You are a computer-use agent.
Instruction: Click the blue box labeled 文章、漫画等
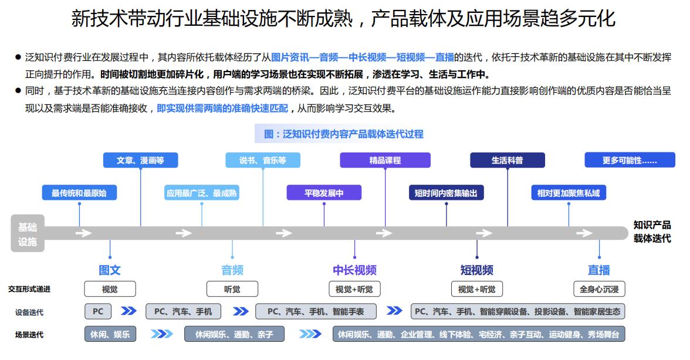(x=140, y=160)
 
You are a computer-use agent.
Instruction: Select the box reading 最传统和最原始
(x=79, y=193)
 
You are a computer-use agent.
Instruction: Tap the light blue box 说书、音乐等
(x=262, y=160)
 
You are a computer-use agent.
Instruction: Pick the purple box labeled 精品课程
(x=385, y=160)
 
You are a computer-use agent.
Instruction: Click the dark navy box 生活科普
(x=507, y=160)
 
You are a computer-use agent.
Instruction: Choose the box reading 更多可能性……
(x=630, y=160)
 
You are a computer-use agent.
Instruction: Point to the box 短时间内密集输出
(x=446, y=193)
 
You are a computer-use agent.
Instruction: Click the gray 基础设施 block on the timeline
(x=27, y=233)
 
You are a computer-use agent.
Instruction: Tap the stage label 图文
(x=110, y=270)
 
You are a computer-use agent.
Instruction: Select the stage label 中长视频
(x=354, y=270)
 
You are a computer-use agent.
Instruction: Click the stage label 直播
(x=598, y=270)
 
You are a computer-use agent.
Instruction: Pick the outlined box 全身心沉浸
(x=598, y=289)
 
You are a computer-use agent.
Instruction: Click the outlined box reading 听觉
(x=232, y=289)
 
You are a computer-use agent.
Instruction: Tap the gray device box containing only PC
(x=97, y=311)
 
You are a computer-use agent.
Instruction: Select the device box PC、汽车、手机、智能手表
(x=316, y=311)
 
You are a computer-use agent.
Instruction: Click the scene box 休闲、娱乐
(x=110, y=334)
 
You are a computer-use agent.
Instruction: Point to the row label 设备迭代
(x=29, y=312)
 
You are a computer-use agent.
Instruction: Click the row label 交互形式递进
(x=29, y=289)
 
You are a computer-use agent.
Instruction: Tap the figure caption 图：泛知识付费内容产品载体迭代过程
(x=344, y=134)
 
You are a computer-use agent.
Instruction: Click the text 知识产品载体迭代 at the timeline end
(x=652, y=232)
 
